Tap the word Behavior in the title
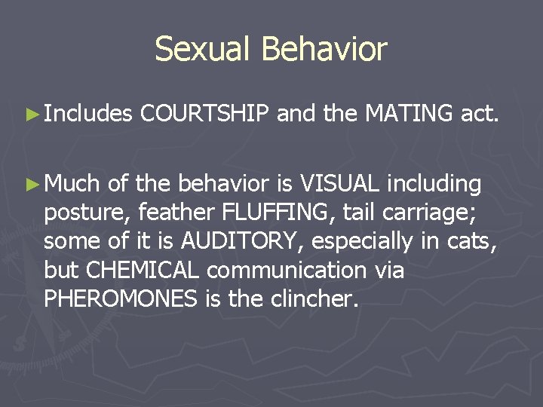tap(324, 50)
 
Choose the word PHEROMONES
tap(121, 298)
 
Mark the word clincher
tap(318, 298)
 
